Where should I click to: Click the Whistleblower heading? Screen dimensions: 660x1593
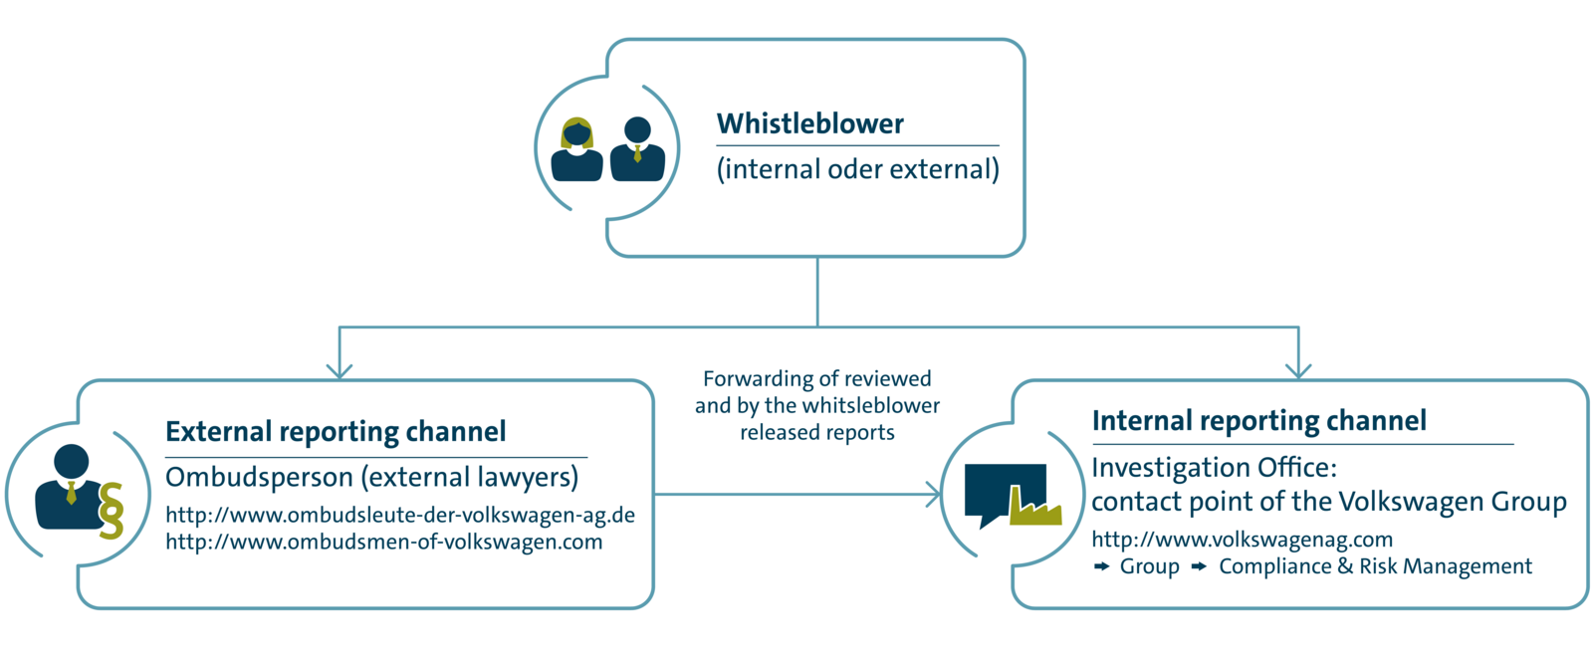pos(809,123)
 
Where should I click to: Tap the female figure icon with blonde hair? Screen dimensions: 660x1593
pos(576,151)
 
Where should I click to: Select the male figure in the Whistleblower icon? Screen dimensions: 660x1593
pos(637,151)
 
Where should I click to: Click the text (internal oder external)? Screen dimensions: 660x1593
pos(857,169)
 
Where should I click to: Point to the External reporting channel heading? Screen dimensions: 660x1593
pos(336,431)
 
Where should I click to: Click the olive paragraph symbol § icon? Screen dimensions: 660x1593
pos(112,510)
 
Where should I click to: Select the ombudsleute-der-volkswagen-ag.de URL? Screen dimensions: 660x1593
pos(400,516)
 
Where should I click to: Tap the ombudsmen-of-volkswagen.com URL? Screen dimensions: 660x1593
pos(383,543)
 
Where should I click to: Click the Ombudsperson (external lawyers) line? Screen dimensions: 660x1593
pos(371,477)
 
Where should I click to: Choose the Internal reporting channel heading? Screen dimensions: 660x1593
pos(1258,420)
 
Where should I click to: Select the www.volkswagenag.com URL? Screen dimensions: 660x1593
pos(1242,540)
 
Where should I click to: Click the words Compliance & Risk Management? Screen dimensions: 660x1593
pos(1375,566)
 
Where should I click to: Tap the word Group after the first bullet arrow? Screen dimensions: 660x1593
pos(1149,566)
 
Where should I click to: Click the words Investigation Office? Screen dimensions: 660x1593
pos(1214,467)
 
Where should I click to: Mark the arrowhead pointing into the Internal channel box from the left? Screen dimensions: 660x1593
pos(933,494)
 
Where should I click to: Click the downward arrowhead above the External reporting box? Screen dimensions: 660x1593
pos(340,370)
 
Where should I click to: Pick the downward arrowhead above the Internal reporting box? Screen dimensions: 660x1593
pos(1298,370)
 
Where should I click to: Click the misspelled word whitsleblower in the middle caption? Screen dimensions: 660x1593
pos(871,405)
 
